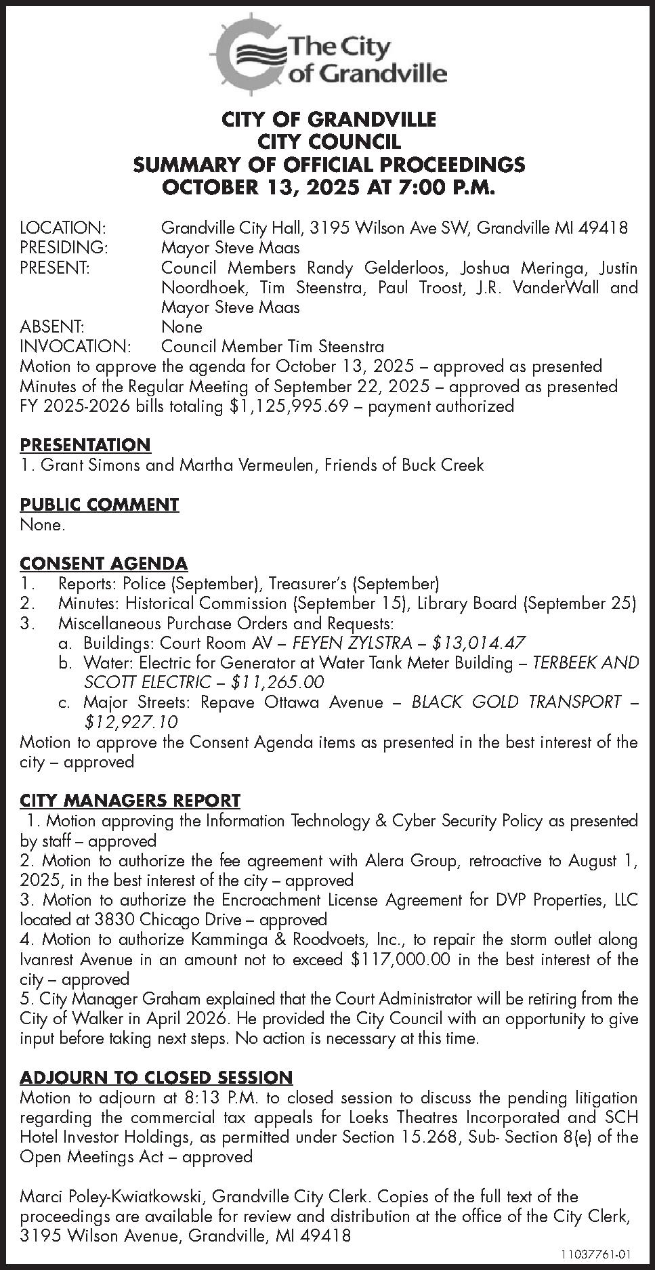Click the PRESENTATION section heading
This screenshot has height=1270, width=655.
click(x=85, y=445)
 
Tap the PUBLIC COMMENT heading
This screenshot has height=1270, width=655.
click(x=100, y=505)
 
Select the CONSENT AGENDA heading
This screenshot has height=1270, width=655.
click(x=104, y=564)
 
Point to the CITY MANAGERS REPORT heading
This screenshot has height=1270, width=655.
click(x=130, y=801)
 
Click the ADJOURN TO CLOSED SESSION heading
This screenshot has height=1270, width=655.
click(x=156, y=1078)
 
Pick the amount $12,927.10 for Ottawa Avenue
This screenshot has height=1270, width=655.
click(x=131, y=722)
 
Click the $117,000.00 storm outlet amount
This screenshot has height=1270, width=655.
click(x=405, y=960)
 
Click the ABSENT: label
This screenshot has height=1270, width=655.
click(x=52, y=326)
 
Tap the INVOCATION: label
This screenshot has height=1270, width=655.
click(x=75, y=347)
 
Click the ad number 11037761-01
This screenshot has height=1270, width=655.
click(x=596, y=1254)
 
